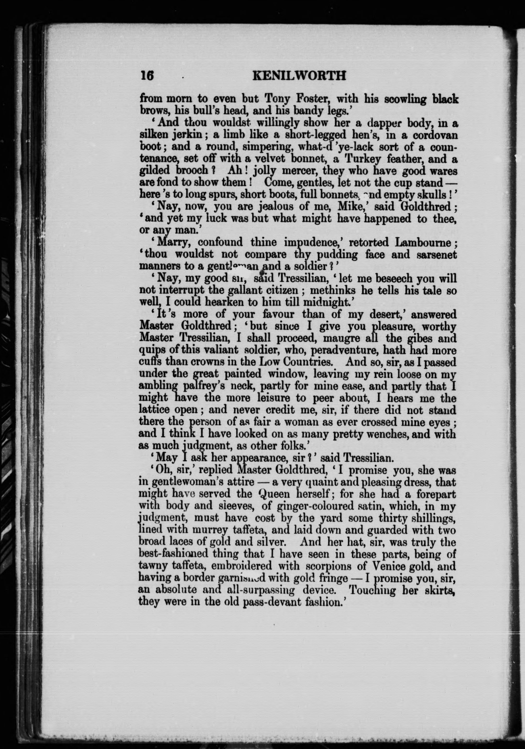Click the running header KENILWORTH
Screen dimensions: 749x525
(299, 76)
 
